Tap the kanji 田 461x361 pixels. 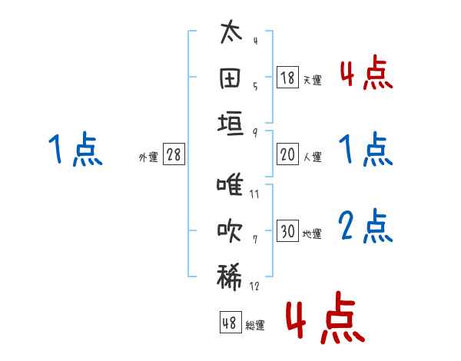tap(230, 78)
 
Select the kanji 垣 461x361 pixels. tap(230, 124)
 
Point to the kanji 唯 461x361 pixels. tap(230, 187)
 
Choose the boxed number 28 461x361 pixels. tap(174, 154)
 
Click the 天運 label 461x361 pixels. tap(312, 80)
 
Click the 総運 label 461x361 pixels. tap(255, 326)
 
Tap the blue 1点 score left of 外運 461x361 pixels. tap(75, 150)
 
